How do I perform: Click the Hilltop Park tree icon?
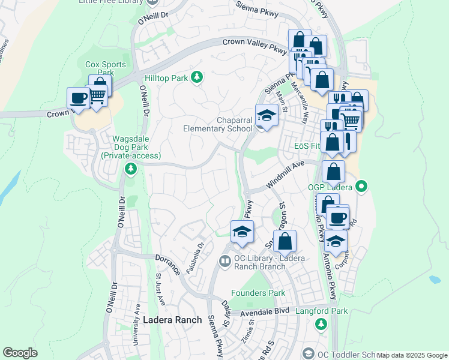click(x=196, y=77)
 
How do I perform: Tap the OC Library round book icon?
click(x=224, y=261)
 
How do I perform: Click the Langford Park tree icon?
click(x=321, y=324)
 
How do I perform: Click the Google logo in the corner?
click(x=20, y=353)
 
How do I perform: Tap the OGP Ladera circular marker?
click(x=361, y=187)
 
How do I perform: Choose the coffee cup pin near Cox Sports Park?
click(x=78, y=97)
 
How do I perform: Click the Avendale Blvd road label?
click(x=265, y=313)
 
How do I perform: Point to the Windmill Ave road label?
click(x=286, y=175)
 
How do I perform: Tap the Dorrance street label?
click(x=168, y=264)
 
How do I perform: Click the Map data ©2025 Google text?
click(x=412, y=355)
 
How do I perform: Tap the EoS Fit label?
click(x=307, y=146)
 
